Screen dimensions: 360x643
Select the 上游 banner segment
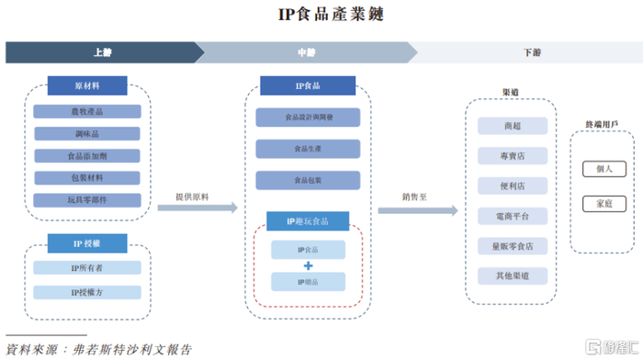(x=101, y=52)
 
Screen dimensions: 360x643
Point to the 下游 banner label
(x=531, y=52)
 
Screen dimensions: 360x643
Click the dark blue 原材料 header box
(x=87, y=85)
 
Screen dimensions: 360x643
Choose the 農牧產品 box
(x=87, y=112)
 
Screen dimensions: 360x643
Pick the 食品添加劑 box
(x=87, y=156)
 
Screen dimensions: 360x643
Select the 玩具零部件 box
(x=87, y=200)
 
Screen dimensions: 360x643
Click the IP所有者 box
(x=87, y=268)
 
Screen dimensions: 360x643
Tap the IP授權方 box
(x=87, y=293)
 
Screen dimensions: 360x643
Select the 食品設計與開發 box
(x=307, y=118)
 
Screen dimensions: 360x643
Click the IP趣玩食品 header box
(x=307, y=221)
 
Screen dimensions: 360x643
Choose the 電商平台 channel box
(x=512, y=216)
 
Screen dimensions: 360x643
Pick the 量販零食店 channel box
(x=512, y=246)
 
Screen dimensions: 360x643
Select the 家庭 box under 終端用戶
(x=604, y=203)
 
